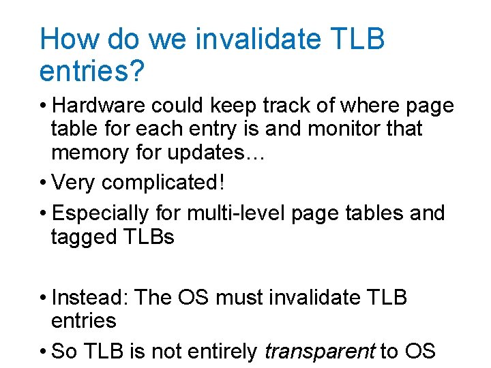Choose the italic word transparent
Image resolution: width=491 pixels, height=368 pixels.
tap(319, 352)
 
